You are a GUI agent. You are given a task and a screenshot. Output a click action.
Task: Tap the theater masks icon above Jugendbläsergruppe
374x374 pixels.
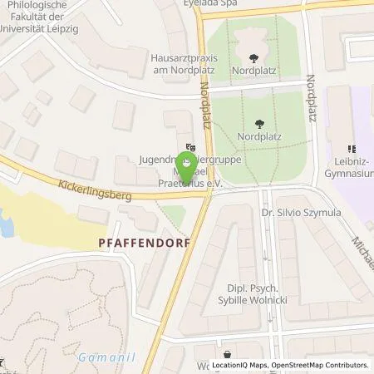(x=190, y=147)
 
